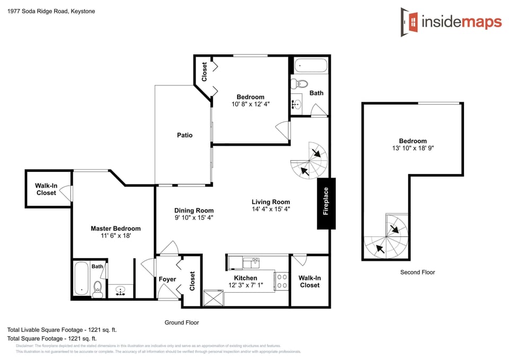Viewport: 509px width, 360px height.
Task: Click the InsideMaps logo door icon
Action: (409, 22)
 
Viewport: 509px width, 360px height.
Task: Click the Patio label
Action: (185, 135)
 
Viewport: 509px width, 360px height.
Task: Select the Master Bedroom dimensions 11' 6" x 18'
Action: (116, 236)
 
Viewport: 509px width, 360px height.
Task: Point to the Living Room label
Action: (270, 201)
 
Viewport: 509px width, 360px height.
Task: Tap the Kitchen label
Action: (245, 278)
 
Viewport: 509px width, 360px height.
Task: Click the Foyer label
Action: (168, 279)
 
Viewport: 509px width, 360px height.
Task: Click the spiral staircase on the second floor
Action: (387, 237)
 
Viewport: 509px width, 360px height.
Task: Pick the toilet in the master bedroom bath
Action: (98, 288)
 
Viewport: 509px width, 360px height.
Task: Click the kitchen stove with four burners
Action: (282, 280)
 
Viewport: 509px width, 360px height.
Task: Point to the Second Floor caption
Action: (417, 272)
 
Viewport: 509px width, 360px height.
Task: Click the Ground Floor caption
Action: (181, 322)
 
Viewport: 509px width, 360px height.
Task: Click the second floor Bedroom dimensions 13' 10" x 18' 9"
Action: (413, 148)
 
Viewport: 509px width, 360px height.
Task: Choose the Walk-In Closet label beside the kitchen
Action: (310, 282)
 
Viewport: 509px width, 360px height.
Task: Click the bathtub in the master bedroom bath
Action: (81, 278)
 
